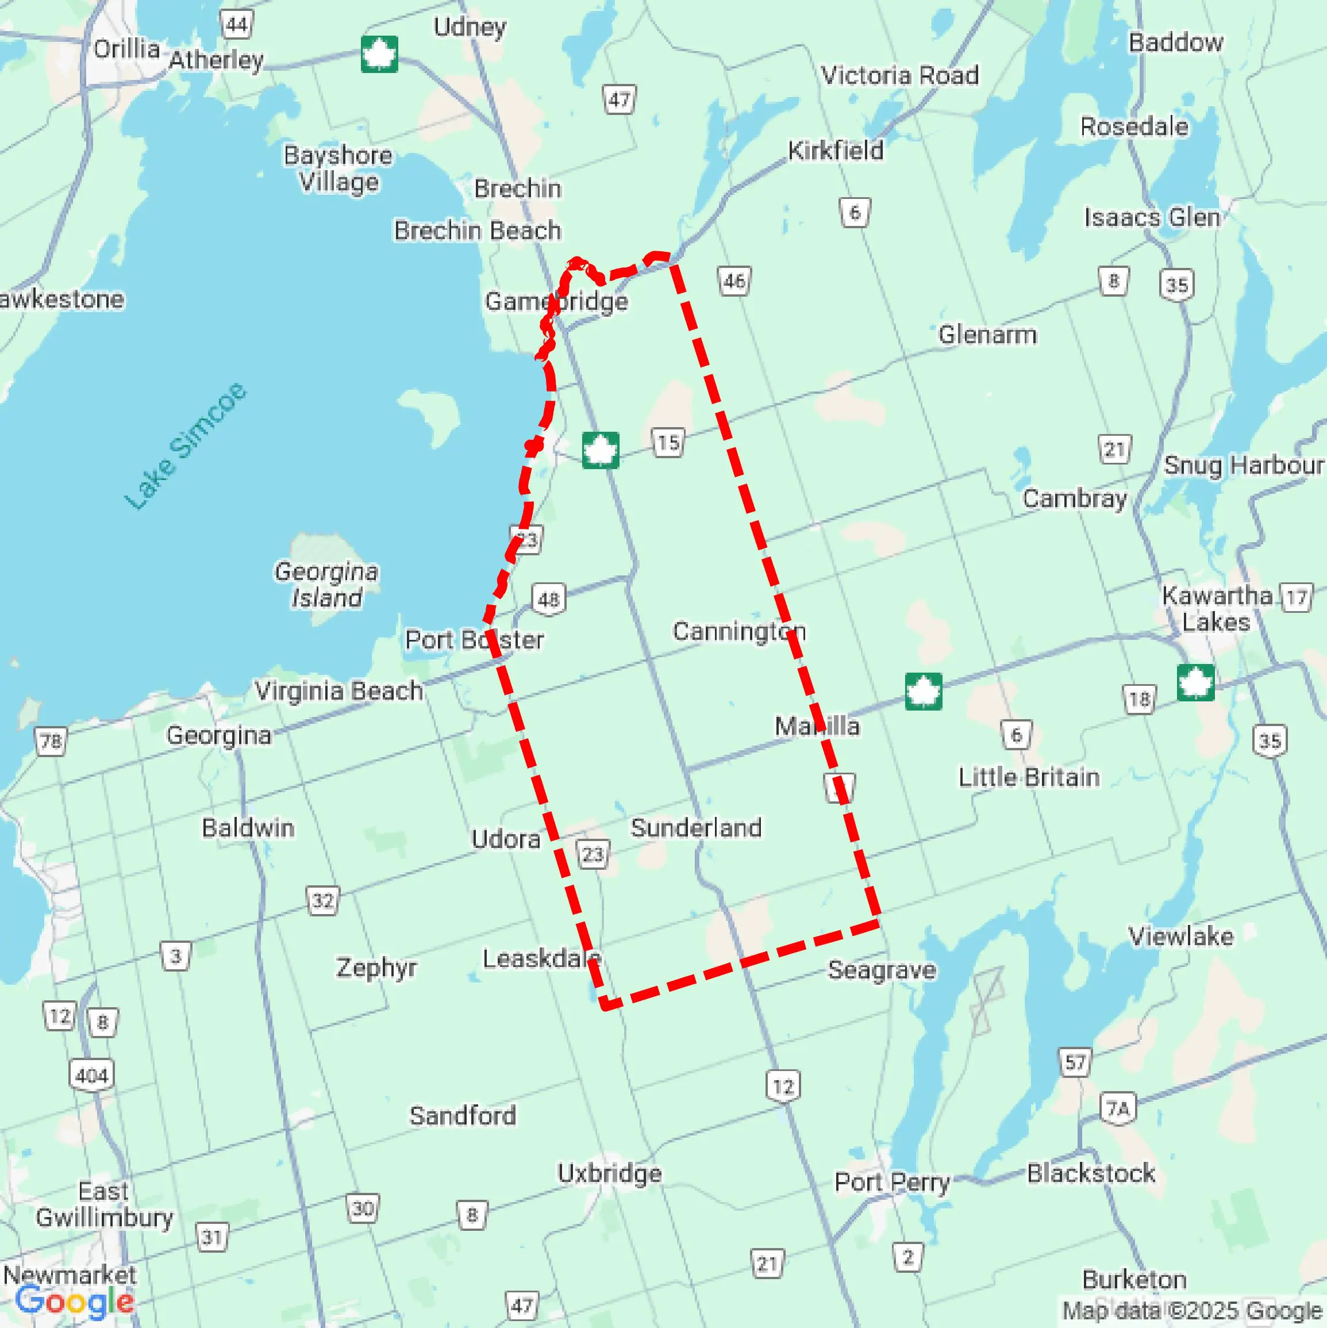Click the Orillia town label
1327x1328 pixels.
[x=126, y=49]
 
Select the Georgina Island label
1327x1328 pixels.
[x=326, y=584]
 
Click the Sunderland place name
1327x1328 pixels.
[x=696, y=828]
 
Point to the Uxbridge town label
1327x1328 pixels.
[x=610, y=1173]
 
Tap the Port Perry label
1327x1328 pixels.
[x=891, y=1183]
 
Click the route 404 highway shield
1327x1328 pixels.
[x=91, y=1076]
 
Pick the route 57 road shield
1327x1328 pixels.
[x=1075, y=1062]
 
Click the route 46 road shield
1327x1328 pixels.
[x=734, y=281]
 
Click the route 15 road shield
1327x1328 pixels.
[x=667, y=443]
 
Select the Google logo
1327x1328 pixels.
[x=74, y=1301]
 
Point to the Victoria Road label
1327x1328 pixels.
[x=899, y=75]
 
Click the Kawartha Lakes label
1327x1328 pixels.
[x=1216, y=608]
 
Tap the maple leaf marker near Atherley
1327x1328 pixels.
[x=379, y=53]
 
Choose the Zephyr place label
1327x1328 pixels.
[x=376, y=968]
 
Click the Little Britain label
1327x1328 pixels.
[x=1029, y=777]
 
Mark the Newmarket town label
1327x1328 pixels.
[x=70, y=1275]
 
